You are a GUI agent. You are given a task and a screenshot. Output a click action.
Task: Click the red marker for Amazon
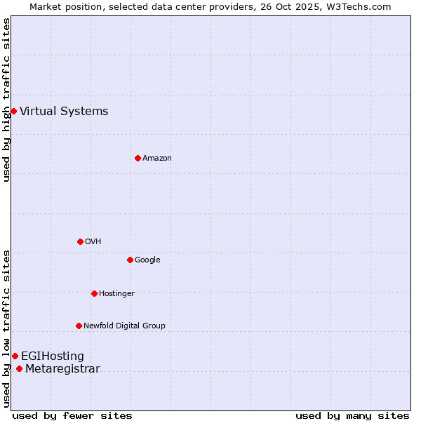pos(138,158)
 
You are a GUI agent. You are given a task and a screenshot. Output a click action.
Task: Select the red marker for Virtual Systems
pos(13,111)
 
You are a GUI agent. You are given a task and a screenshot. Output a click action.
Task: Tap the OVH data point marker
pos(80,241)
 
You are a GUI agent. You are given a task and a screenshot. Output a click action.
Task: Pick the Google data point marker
pos(130,260)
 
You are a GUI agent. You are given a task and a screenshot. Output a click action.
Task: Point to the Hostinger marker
pos(94,293)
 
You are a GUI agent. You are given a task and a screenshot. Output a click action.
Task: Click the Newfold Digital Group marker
pos(79,326)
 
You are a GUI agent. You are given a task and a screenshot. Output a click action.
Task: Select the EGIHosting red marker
pos(15,356)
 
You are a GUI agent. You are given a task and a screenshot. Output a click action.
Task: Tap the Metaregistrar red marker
pos(19,369)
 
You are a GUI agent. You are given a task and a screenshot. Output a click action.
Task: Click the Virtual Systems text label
pos(64,111)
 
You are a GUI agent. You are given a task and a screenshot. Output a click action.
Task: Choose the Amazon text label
pos(156,159)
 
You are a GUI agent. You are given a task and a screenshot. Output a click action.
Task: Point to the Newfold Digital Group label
pos(124,326)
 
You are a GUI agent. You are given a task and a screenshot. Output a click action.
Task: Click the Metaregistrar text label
pos(62,369)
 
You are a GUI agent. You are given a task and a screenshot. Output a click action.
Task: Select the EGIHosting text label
pos(52,356)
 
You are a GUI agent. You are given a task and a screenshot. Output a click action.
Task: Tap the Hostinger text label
pos(116,293)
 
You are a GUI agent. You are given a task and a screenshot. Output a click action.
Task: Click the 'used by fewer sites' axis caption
pos(72,415)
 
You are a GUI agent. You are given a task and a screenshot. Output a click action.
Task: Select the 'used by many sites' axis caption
pos(352,415)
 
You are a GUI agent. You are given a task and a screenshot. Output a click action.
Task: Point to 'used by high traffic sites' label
pos(6,100)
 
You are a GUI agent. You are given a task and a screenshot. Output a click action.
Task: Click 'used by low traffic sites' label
pos(6,328)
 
